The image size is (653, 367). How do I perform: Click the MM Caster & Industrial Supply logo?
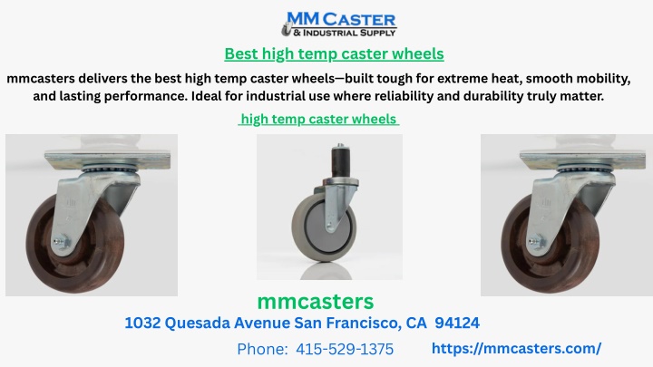[338, 24]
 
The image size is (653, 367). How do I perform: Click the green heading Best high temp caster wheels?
[334, 54]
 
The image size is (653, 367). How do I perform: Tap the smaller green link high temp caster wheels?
[318, 119]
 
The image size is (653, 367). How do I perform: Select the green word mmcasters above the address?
[316, 302]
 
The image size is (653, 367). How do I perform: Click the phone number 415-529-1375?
[345, 349]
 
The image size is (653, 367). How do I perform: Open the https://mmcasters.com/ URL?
[516, 348]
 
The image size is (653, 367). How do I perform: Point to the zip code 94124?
[457, 323]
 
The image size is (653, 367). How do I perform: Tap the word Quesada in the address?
[198, 323]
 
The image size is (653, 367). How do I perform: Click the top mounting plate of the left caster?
[107, 160]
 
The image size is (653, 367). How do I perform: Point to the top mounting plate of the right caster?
[582, 160]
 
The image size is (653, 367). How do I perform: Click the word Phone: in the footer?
[262, 349]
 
